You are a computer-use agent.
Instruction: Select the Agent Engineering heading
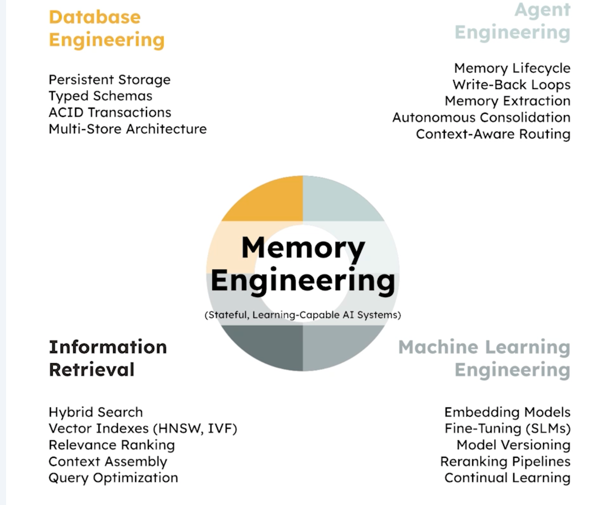coord(512,21)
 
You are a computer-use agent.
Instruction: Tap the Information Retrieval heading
coord(108,358)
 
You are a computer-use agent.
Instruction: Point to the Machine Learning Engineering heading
coord(484,359)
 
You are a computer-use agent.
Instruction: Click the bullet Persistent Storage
coord(109,80)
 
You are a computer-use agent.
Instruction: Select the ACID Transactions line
coord(110,113)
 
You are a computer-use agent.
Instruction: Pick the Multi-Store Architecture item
coord(127,129)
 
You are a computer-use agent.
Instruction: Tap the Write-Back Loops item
coord(511,85)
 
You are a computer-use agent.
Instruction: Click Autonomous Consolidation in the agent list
coord(481,117)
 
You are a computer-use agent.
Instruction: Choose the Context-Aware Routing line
coord(493,134)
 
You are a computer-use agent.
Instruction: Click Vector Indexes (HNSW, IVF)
coord(143,429)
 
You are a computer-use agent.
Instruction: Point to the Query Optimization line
coord(113,478)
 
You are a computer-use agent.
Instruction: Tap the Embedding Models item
coord(507,412)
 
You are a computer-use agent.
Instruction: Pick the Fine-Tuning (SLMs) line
coord(508,429)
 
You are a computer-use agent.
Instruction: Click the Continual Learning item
coord(507,478)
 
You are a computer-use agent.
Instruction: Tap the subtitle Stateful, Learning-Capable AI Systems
coord(303,315)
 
